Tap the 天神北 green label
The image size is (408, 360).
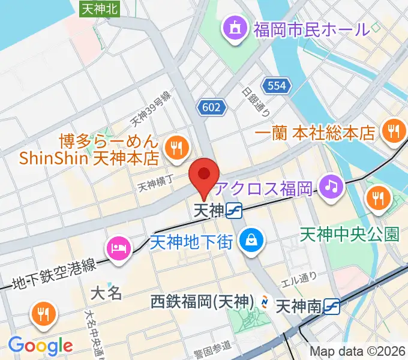[x=100, y=8]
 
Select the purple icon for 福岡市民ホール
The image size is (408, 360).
[x=233, y=28]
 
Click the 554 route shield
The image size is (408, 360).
[x=277, y=86]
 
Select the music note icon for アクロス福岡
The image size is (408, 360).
[x=330, y=186]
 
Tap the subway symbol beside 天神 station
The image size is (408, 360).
[x=235, y=211]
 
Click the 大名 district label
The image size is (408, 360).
[x=106, y=293]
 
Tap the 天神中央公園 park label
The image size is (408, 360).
[x=349, y=234]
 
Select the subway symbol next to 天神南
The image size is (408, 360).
[x=331, y=307]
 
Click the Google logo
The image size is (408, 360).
[x=40, y=345]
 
